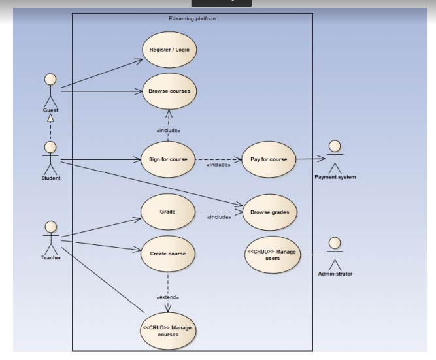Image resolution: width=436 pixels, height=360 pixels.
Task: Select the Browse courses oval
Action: (x=169, y=91)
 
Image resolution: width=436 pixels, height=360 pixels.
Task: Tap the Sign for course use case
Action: (x=168, y=159)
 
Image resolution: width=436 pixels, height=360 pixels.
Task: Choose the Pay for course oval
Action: (x=269, y=159)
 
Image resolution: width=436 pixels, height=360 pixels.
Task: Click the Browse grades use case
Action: (x=269, y=212)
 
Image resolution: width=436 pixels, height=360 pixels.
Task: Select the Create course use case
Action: (x=168, y=254)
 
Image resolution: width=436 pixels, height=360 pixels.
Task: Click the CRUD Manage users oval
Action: (x=272, y=254)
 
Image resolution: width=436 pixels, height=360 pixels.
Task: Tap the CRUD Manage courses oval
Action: (x=168, y=331)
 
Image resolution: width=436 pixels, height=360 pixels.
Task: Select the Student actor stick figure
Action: (x=50, y=157)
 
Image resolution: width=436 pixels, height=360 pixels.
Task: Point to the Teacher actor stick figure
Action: (x=51, y=237)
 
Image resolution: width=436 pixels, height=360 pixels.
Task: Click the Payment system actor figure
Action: (x=335, y=156)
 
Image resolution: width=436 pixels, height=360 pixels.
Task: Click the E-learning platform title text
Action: (x=192, y=18)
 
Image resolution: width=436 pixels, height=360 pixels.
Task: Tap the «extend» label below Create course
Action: (x=168, y=297)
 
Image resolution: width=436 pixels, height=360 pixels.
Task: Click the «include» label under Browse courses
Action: (x=168, y=131)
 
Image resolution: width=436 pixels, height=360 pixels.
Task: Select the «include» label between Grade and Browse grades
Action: (x=218, y=217)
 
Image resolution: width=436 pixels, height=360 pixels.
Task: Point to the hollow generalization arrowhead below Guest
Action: (x=50, y=118)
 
